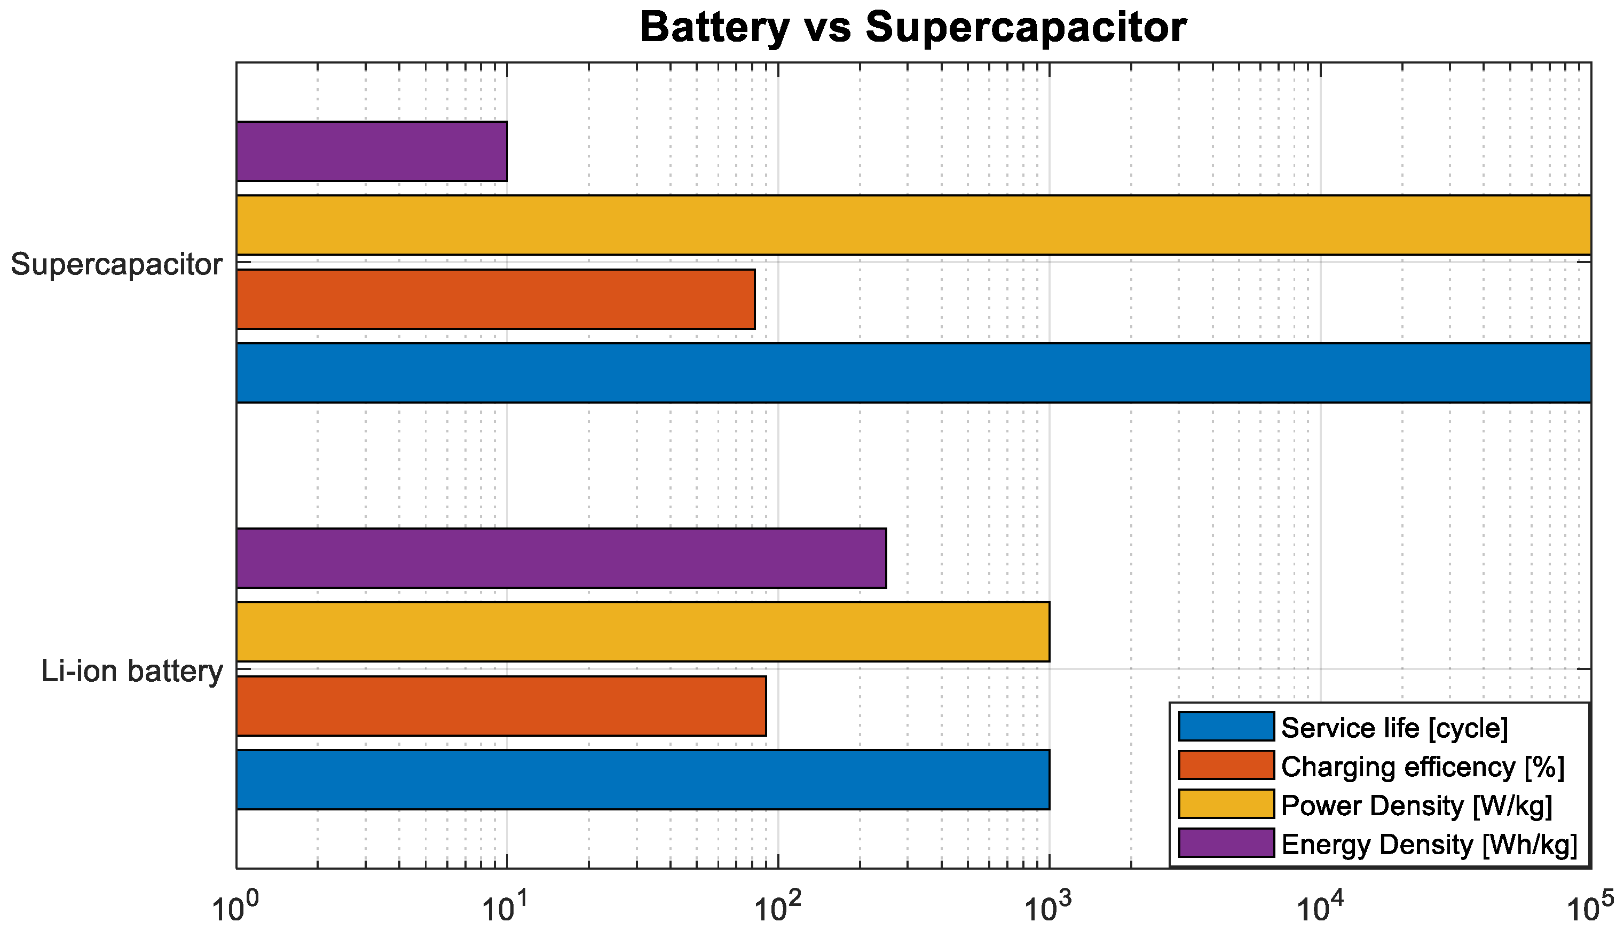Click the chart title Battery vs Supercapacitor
coord(913,28)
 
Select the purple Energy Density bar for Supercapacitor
coord(372,152)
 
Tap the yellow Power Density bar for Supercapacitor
coord(913,225)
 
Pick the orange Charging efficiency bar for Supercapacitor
coord(495,299)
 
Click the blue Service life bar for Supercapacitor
coord(913,373)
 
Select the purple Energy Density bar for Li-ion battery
coord(561,557)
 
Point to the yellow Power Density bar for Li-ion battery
coord(642,632)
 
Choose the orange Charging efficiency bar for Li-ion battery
coord(501,706)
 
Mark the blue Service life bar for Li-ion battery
coord(642,780)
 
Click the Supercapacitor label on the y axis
coord(116,264)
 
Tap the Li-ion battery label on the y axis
coord(132,671)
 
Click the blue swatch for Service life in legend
coord(1226,727)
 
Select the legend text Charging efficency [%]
coord(1423,767)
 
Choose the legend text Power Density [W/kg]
coord(1416,806)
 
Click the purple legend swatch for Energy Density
coord(1226,843)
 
